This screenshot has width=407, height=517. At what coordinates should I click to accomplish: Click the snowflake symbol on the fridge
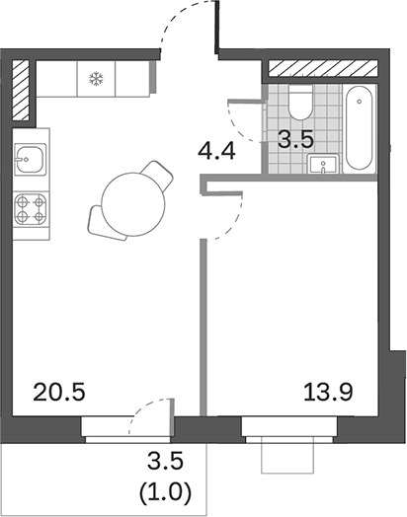[97, 79]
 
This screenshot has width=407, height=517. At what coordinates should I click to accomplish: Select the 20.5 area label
[60, 392]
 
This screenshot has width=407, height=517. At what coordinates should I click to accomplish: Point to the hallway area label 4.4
[216, 154]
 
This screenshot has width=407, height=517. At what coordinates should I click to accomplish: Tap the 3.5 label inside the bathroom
[294, 138]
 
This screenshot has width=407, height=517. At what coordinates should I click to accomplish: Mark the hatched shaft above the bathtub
[322, 69]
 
